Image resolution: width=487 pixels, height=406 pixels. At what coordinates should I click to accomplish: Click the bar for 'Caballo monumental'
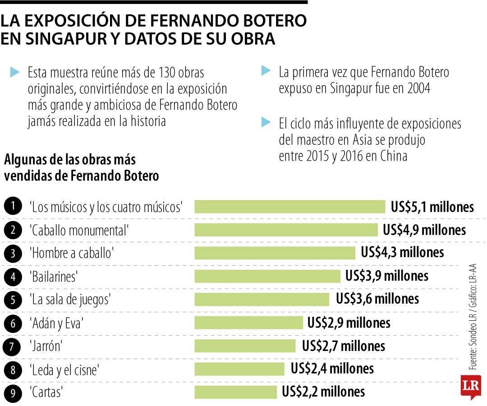click(286, 230)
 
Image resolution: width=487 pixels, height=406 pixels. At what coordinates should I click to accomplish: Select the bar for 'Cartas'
click(235, 392)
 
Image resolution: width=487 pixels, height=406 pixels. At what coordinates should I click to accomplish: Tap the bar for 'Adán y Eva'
click(248, 323)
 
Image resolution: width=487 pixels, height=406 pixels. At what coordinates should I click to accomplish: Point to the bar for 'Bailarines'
click(267, 276)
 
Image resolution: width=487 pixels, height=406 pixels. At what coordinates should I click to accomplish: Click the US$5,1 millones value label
click(432, 207)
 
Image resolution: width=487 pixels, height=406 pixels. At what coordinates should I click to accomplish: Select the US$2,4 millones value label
click(332, 369)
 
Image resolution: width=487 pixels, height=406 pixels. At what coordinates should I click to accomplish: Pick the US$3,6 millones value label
click(377, 299)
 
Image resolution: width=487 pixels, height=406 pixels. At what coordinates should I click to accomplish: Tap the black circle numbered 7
click(13, 346)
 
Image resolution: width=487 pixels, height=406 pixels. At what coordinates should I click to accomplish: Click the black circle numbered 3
click(13, 253)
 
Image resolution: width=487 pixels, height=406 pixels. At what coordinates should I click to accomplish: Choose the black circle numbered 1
click(13, 207)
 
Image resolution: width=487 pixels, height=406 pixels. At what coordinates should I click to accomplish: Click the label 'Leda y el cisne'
click(64, 370)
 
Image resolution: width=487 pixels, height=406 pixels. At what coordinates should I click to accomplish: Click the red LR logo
click(471, 387)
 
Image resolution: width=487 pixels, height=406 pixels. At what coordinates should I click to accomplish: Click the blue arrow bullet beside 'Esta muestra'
click(15, 71)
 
